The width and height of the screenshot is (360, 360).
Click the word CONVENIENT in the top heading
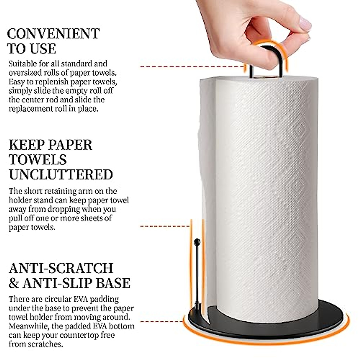coord(53,34)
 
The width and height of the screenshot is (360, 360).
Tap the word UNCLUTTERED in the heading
coord(61,175)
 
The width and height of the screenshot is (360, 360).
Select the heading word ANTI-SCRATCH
coord(61,268)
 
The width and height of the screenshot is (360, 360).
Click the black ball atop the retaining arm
coord(197,241)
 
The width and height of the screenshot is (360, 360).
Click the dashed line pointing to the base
coord(162,322)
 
